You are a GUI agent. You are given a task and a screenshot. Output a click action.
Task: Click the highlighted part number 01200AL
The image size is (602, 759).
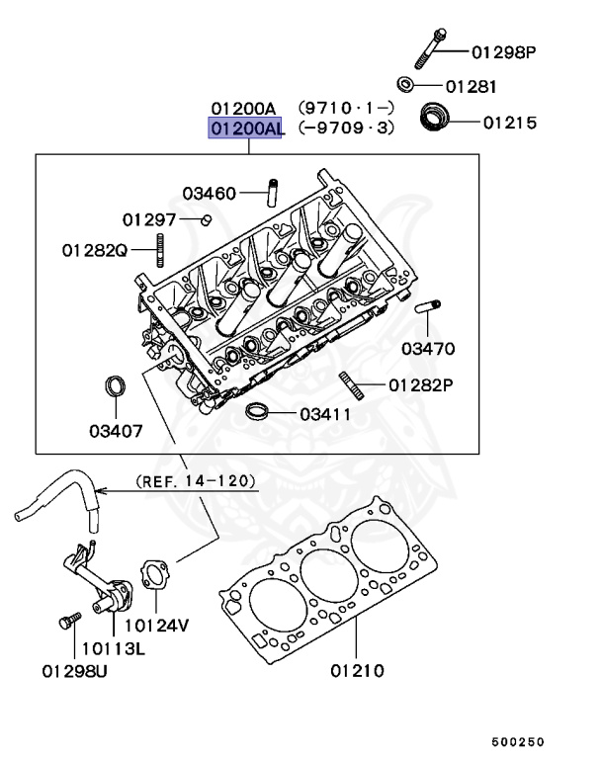click(x=244, y=128)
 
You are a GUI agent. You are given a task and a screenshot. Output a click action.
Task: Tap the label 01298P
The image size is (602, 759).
click(x=502, y=51)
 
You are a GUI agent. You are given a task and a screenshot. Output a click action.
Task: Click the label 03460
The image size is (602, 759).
click(x=209, y=193)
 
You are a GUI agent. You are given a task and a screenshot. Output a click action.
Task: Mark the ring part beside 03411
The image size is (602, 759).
click(x=257, y=412)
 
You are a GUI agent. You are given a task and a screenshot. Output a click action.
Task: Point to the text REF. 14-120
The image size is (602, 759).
click(x=195, y=481)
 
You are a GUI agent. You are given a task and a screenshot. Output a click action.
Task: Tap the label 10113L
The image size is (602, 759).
click(x=113, y=648)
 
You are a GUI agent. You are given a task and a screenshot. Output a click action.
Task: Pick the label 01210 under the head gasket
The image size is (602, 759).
click(x=357, y=672)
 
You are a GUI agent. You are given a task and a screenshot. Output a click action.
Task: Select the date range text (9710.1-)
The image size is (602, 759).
click(x=347, y=108)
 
